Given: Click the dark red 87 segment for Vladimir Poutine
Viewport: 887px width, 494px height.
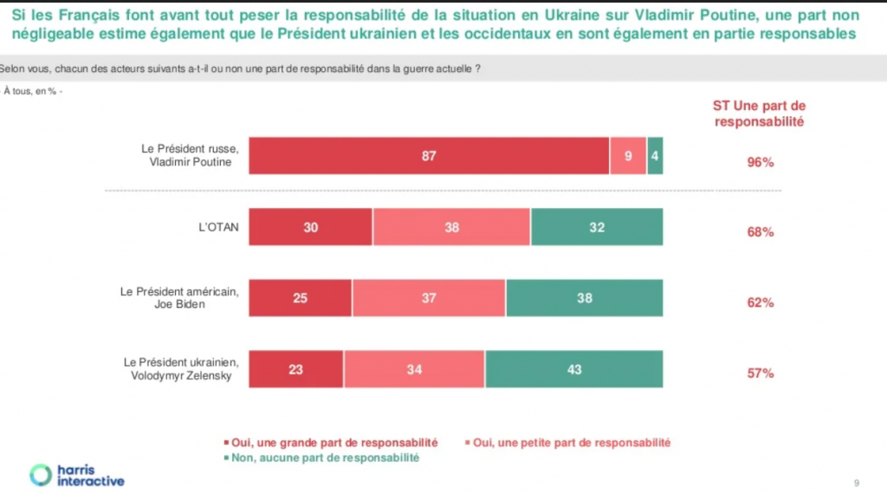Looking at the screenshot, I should point(429,156).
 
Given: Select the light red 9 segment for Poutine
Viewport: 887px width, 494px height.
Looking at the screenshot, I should point(628,156).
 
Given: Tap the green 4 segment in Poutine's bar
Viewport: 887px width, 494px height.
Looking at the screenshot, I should point(656,156).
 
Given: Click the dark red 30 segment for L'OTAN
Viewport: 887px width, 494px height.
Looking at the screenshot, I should point(311,227).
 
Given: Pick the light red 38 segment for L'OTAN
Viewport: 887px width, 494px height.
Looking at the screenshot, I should point(451,227).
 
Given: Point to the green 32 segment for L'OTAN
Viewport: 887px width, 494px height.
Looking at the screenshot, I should point(597,227).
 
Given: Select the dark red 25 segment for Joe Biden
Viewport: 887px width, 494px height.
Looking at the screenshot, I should point(301,298).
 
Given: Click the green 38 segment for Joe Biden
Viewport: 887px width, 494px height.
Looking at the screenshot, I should point(585,298).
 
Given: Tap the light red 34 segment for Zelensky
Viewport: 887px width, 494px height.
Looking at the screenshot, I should point(414,368).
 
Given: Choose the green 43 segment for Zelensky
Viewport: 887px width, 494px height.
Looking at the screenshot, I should point(574,368).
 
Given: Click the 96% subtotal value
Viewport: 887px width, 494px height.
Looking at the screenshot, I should point(760,162).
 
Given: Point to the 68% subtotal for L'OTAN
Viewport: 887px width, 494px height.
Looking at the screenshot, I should point(760,232).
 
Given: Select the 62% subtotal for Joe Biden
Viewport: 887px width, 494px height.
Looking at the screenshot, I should point(760,303).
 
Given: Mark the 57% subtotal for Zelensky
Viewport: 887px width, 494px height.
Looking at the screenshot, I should point(760,374).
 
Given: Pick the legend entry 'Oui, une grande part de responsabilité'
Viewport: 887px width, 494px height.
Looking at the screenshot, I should point(333,442).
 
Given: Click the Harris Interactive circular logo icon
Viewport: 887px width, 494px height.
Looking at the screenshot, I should point(41,474).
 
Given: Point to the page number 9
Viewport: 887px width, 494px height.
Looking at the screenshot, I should point(857,482).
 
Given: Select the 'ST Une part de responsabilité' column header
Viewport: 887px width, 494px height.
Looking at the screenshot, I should point(759,114).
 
